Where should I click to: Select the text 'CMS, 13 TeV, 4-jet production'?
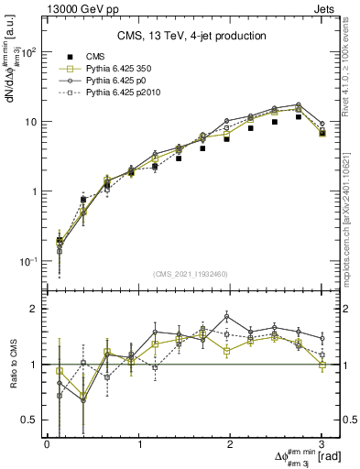coord(191,36)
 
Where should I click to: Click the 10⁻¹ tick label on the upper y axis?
coord(28,261)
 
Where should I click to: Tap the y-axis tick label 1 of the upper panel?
coord(34,191)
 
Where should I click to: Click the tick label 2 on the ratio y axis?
coord(34,310)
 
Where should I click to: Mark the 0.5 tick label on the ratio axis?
coord(30,420)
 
